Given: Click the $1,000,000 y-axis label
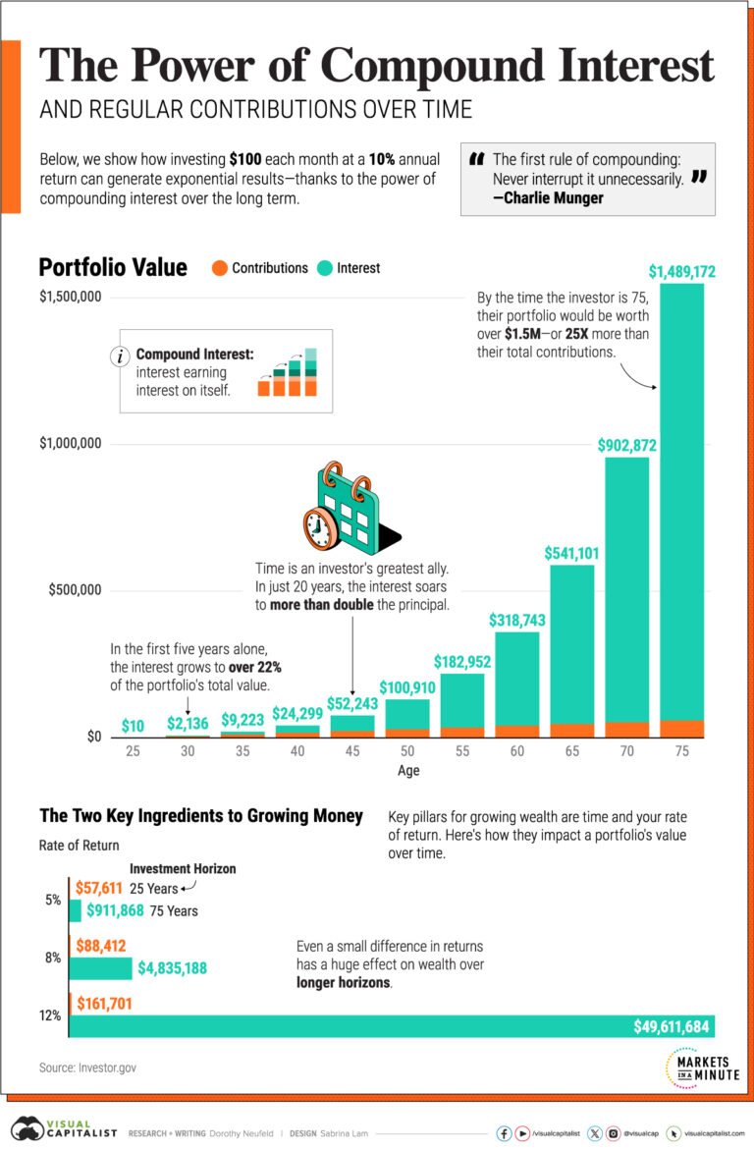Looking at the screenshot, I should click(70, 444).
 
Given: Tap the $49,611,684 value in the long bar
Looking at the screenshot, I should click(672, 1026).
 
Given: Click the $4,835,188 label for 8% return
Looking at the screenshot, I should click(172, 968).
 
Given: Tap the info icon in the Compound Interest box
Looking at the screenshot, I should click(122, 356).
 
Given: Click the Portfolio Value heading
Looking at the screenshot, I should click(112, 267).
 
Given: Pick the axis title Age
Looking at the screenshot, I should click(407, 771).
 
